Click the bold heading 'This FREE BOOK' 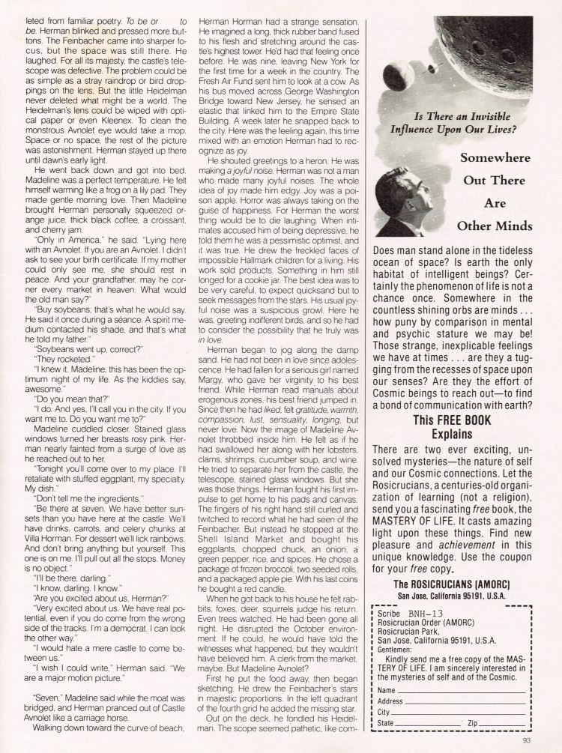click(x=453, y=421)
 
